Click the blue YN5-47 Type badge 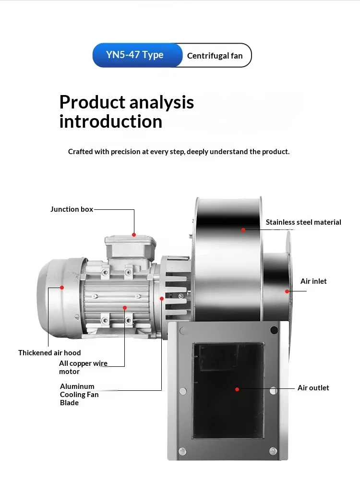(x=137, y=55)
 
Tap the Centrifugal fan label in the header (x=215, y=56)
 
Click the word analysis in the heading (x=162, y=103)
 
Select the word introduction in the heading (x=111, y=121)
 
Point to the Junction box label (x=72, y=209)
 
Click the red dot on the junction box (x=134, y=235)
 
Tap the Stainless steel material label (x=303, y=222)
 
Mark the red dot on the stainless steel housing (x=243, y=230)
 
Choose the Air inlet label (x=313, y=281)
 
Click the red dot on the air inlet (x=287, y=291)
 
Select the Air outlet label (x=313, y=388)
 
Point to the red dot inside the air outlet (x=237, y=389)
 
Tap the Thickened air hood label (x=49, y=353)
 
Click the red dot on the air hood (x=62, y=288)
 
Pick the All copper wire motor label (x=84, y=367)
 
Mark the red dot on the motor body (x=125, y=308)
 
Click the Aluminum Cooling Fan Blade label (x=79, y=395)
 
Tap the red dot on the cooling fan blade (x=162, y=299)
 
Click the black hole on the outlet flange (x=274, y=330)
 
